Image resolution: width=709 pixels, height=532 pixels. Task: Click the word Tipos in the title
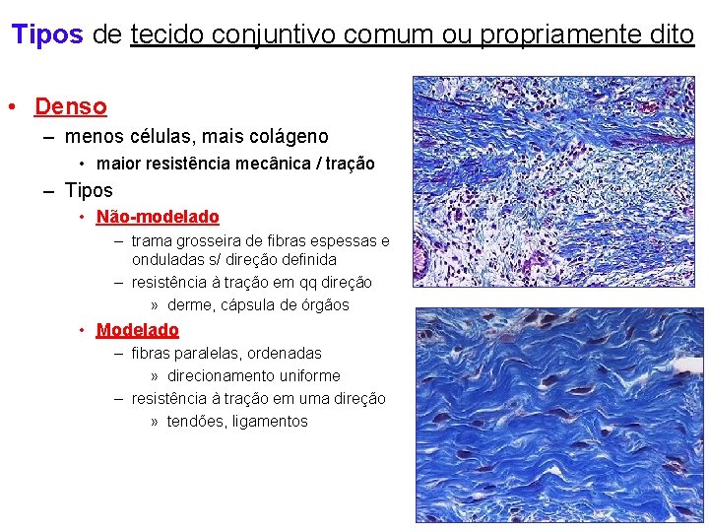pyautogui.click(x=46, y=34)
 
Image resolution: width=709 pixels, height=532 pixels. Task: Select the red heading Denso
pyautogui.click(x=70, y=105)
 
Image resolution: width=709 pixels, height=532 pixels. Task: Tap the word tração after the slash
pyautogui.click(x=348, y=164)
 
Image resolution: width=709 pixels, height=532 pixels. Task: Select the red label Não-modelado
pyautogui.click(x=158, y=216)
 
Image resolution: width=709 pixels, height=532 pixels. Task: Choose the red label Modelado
pyautogui.click(x=138, y=330)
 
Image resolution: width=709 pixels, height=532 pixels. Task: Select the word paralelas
pyautogui.click(x=216, y=353)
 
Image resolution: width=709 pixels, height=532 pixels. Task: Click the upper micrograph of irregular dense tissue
pyautogui.click(x=554, y=181)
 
